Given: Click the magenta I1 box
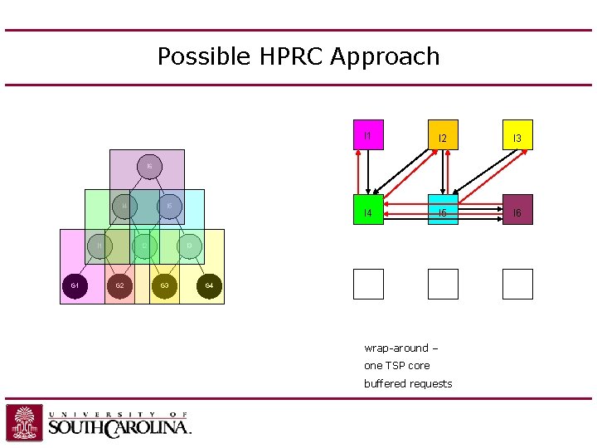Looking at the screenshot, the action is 368,134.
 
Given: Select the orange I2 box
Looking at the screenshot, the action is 443,135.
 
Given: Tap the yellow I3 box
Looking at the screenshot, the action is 517,135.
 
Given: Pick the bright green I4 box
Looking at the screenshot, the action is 368,210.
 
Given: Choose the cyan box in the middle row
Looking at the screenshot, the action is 443,211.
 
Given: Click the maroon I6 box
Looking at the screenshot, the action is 517,210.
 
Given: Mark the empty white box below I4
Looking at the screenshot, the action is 368,284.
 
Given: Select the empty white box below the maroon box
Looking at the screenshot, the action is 517,284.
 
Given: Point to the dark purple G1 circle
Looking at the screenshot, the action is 75,286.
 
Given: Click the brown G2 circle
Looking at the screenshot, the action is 119,286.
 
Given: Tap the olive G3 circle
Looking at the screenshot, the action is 164,286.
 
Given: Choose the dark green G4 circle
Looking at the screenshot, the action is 209,286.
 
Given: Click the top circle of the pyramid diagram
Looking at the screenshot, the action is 148,167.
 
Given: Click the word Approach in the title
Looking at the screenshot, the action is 385,56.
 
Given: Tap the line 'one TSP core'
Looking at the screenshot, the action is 396,366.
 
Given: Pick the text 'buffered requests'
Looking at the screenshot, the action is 408,383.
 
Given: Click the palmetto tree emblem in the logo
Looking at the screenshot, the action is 25,422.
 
